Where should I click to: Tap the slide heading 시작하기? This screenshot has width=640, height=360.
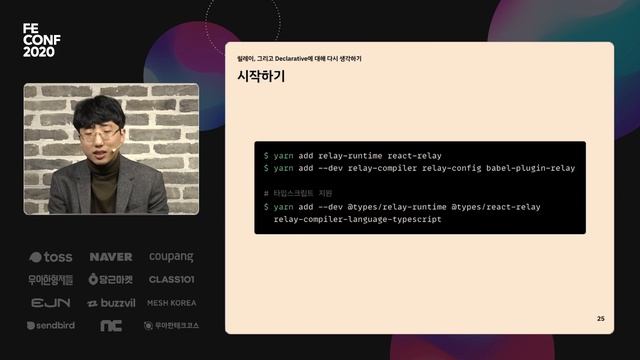click(261, 76)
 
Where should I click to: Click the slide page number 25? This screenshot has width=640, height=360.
click(600, 318)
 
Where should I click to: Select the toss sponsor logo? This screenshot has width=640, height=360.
click(50, 257)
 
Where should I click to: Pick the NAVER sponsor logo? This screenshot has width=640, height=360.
click(110, 257)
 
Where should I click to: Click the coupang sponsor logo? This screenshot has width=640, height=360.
click(171, 257)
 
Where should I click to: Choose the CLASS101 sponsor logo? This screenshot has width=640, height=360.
click(171, 280)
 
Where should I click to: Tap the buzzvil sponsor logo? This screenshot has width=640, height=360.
click(110, 303)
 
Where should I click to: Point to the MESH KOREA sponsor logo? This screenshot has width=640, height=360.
click(171, 303)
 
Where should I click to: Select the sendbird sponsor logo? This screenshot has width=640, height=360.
click(50, 326)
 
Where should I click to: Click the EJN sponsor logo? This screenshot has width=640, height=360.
click(50, 303)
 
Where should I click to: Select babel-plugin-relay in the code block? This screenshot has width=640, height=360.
click(531, 168)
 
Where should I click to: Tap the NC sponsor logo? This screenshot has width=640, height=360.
click(110, 326)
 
